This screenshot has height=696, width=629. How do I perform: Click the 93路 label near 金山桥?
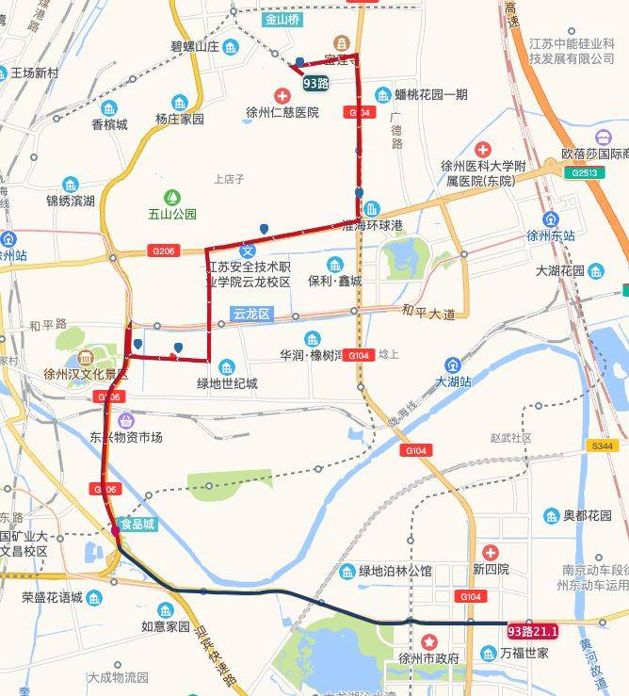pyautogui.click(x=316, y=83)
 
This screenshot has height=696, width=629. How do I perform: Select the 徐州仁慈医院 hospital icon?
pyautogui.click(x=282, y=95)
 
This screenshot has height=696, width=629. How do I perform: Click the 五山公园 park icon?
pyautogui.click(x=172, y=197)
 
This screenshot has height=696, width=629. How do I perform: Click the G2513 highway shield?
pyautogui.click(x=577, y=173)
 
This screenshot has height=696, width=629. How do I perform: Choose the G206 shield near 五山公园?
pyautogui.click(x=163, y=251)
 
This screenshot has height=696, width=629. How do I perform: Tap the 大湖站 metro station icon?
pyautogui.click(x=453, y=364)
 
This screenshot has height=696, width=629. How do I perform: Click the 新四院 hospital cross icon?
pyautogui.click(x=490, y=552)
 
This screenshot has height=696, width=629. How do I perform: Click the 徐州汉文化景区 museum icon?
pyautogui.click(x=87, y=358)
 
